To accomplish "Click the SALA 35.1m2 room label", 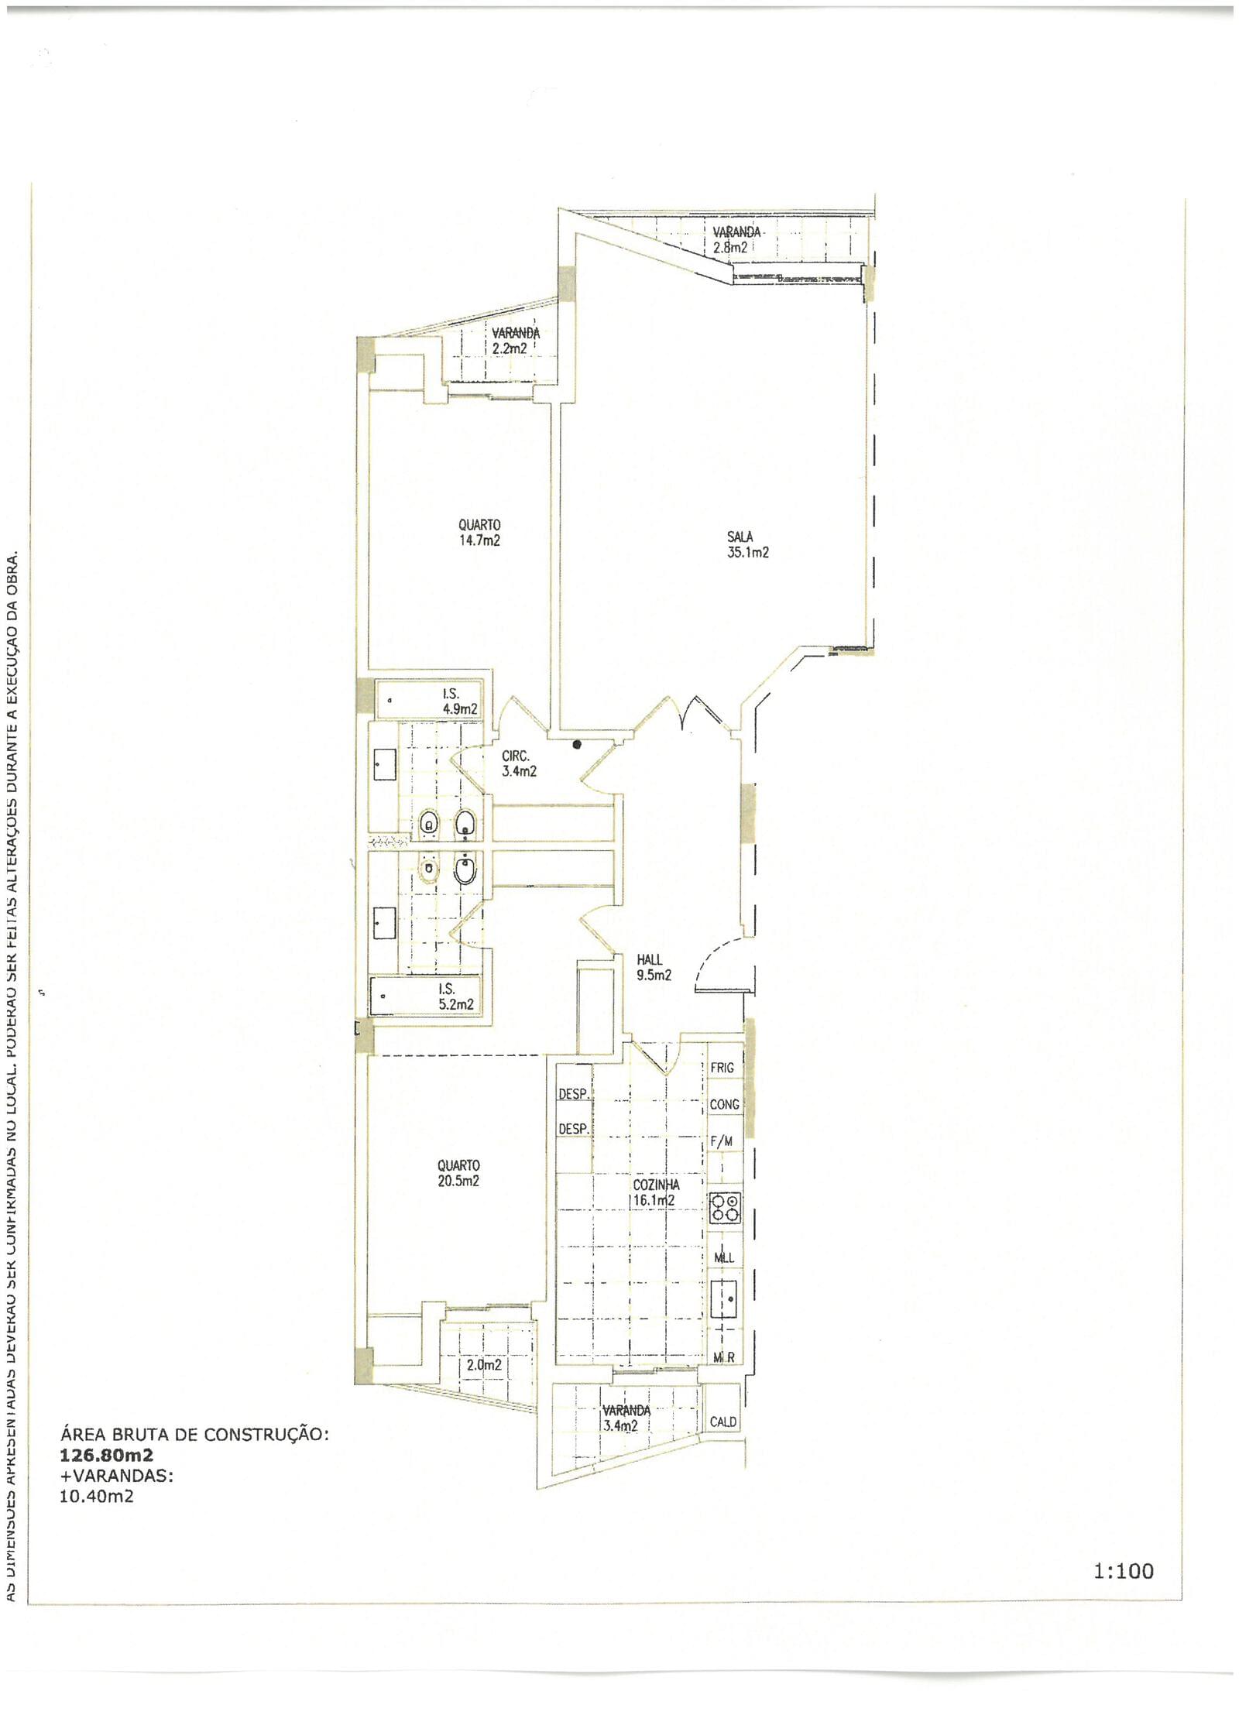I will (747, 544).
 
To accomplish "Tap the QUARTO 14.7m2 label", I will (479, 533).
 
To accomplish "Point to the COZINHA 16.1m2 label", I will (656, 1192).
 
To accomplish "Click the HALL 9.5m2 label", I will (653, 967).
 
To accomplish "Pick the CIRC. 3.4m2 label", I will (518, 763).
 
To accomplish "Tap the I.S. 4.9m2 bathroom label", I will (458, 701).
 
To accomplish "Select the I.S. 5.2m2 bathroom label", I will (455, 996).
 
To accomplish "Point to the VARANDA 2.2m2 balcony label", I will (515, 341).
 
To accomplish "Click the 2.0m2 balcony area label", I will (483, 1364).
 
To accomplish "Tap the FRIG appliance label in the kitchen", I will (722, 1068).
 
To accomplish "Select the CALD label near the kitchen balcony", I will (722, 1422).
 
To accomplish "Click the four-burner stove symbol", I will (725, 1209).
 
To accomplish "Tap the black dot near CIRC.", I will (577, 745).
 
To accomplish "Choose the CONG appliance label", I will (724, 1105).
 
